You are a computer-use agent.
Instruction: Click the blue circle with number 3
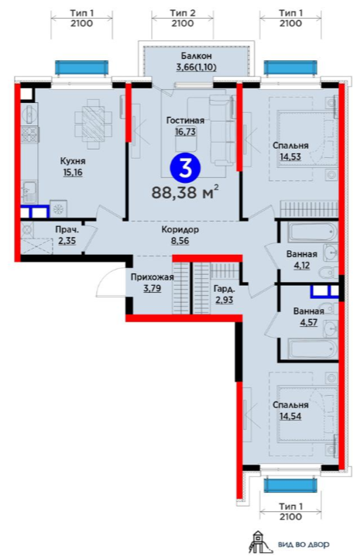185,167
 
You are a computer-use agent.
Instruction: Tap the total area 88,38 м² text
185,192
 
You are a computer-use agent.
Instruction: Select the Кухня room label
73,161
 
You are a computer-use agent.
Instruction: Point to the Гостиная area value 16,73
185,132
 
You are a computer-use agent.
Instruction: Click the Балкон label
196,56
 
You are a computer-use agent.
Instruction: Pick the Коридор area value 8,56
180,241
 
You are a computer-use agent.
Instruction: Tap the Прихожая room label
153,277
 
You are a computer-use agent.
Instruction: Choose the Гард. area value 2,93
224,299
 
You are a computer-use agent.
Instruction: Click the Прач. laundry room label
67,230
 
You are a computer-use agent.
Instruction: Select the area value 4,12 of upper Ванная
302,266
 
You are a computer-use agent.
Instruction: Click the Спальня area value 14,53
290,156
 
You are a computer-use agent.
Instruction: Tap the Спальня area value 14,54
290,416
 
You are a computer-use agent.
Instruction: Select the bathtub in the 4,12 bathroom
313,232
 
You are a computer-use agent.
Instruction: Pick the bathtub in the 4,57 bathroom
313,349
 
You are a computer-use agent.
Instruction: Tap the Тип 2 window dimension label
183,13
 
